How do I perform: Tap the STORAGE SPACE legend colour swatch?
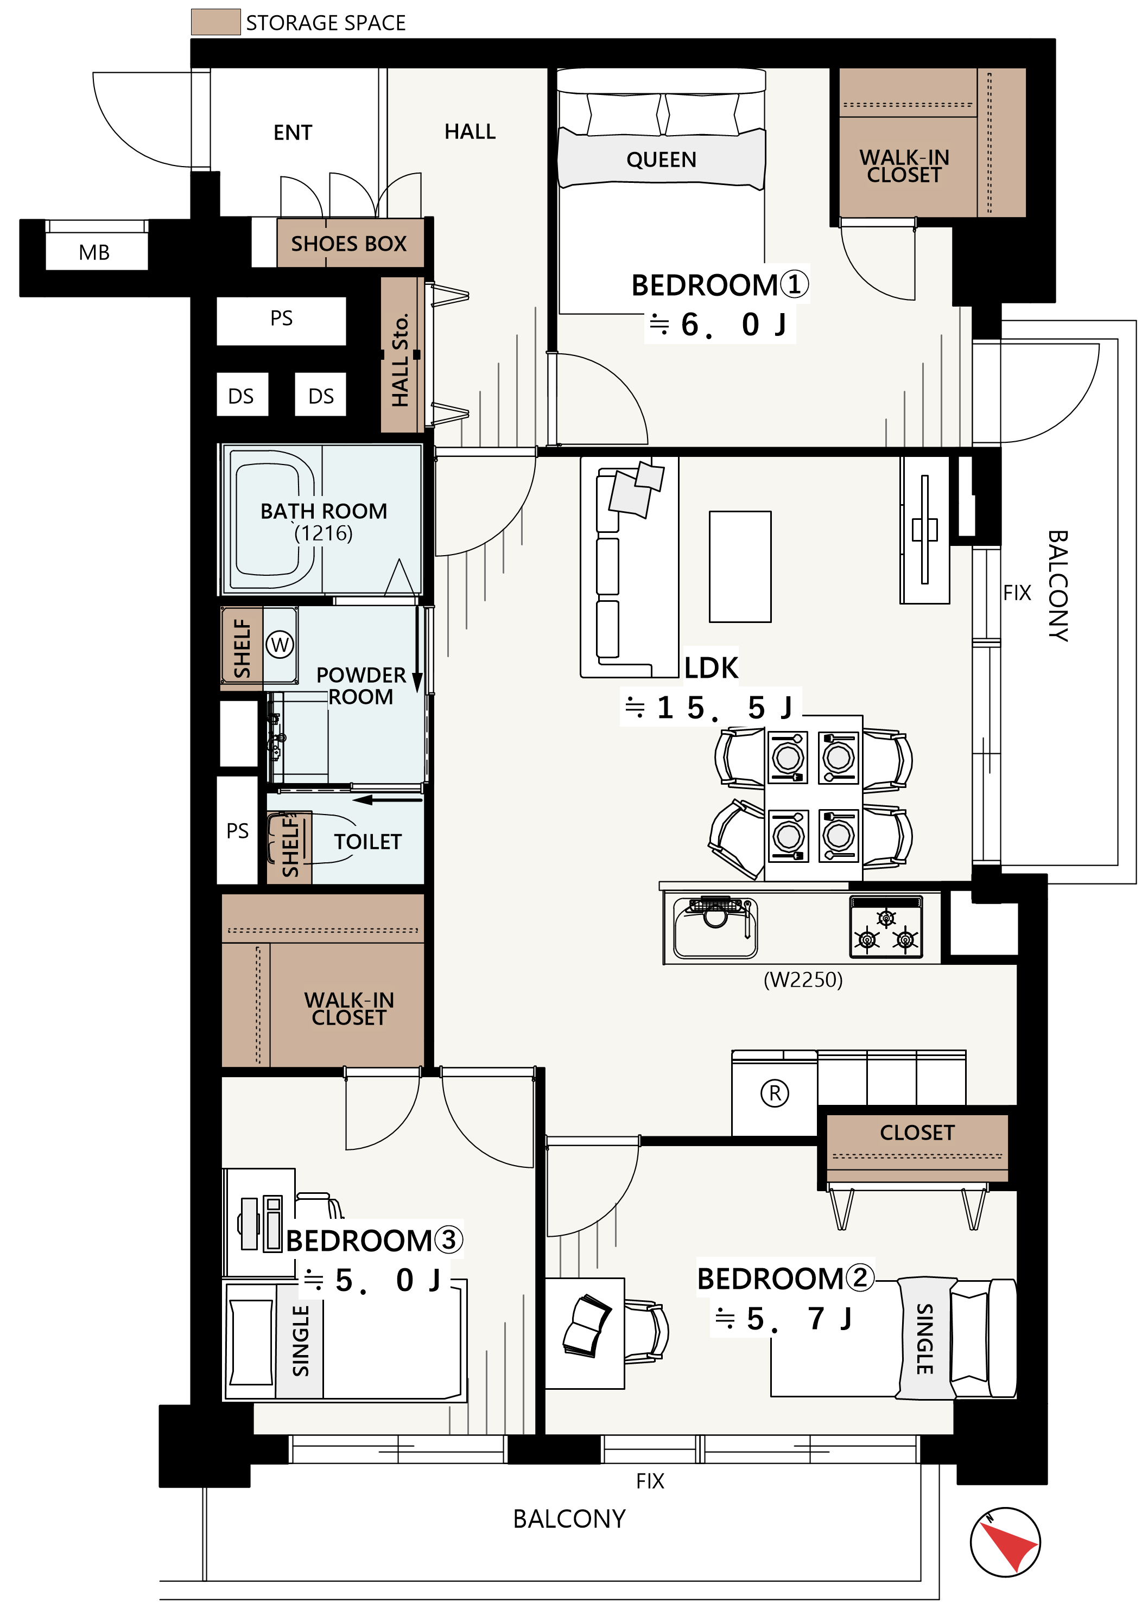pos(215,22)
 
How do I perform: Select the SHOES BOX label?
pos(348,244)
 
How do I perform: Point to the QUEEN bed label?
pos(661,160)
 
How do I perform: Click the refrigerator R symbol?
pos(775,1093)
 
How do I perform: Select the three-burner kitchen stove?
pos(886,926)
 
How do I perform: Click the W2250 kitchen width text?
pos(803,980)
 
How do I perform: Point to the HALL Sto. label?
pos(400,360)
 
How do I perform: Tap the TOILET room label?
pos(367,842)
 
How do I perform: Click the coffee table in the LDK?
pos(740,566)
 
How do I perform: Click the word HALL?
pos(470,131)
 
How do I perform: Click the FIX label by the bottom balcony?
pos(650,1481)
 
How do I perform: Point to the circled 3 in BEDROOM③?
pos(448,1239)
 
